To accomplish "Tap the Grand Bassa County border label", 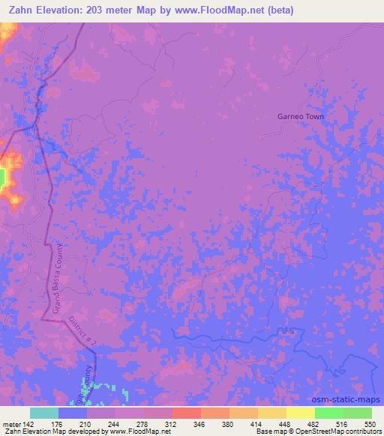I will pyautogui.click(x=57, y=281).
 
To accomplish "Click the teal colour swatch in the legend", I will pyautogui.click(x=44, y=413).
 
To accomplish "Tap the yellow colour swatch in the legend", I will pyautogui.click(x=301, y=413).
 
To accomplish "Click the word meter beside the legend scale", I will pyautogui.click(x=10, y=423).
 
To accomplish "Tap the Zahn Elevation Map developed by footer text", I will pyautogui.click(x=52, y=432).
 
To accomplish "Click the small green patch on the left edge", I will pyautogui.click(x=2, y=178).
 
